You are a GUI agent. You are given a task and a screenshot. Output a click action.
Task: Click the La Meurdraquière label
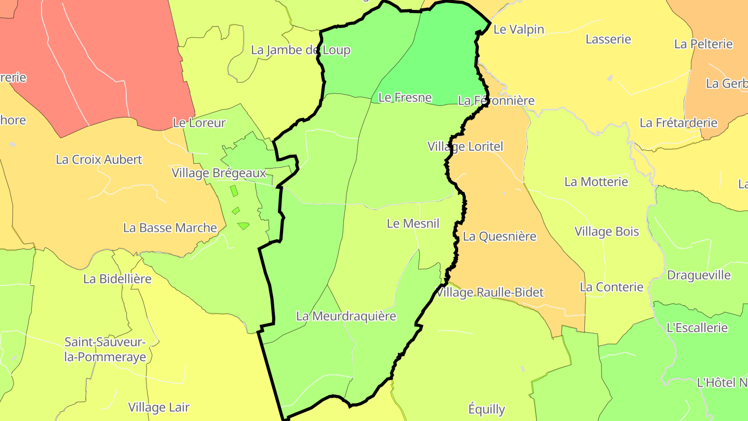(x=346, y=316)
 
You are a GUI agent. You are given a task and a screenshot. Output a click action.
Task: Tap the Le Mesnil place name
(x=413, y=223)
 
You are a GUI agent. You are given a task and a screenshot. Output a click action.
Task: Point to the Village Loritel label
(x=465, y=147)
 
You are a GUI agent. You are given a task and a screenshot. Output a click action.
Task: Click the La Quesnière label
(x=499, y=236)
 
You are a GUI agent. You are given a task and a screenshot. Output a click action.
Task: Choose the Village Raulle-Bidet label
(x=490, y=293)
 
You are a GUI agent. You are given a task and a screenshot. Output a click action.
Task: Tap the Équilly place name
(x=487, y=409)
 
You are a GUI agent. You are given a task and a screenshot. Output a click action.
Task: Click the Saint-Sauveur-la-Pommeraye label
(x=105, y=350)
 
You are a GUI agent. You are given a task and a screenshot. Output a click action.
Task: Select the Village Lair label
(x=159, y=407)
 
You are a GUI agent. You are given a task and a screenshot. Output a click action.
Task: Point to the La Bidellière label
(x=117, y=279)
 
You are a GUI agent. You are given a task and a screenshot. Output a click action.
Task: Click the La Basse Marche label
(x=170, y=228)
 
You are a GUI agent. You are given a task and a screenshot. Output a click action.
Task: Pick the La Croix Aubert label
(x=99, y=160)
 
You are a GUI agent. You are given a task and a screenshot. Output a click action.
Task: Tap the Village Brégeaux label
(x=219, y=173)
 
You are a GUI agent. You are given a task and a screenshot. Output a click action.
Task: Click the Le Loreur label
(x=199, y=123)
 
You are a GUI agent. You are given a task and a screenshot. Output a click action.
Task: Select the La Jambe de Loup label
(x=301, y=50)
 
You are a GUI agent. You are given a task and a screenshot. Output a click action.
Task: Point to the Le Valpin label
(x=518, y=30)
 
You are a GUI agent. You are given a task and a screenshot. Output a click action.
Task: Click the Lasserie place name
(x=608, y=39)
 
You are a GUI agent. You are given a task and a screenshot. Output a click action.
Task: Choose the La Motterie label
(x=596, y=182)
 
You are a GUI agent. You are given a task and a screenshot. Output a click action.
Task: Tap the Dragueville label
(x=699, y=275)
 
